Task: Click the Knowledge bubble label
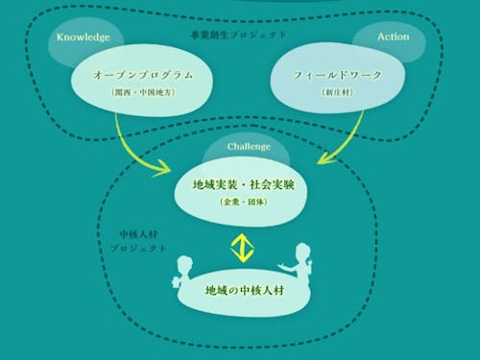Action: click(84, 37)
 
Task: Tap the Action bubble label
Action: click(393, 36)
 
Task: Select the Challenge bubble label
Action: click(249, 147)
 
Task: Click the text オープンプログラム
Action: click(143, 74)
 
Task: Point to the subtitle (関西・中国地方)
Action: click(143, 93)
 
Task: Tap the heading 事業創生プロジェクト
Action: click(238, 35)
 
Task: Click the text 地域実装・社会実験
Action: click(243, 184)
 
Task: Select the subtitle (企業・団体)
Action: click(243, 204)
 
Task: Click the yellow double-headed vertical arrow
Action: click(242, 248)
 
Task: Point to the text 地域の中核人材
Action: click(245, 289)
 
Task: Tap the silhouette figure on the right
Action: click(300, 266)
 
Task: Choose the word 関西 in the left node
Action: click(125, 93)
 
